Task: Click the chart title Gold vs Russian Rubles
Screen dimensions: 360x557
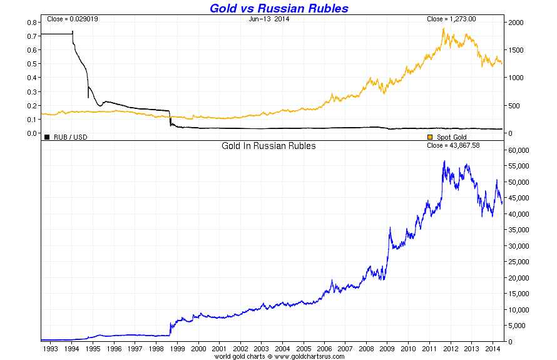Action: (278, 8)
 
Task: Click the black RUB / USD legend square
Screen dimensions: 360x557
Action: (47, 136)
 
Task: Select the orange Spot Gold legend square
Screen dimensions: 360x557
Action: (429, 136)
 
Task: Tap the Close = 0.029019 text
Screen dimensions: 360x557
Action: (72, 19)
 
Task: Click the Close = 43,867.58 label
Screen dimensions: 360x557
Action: (453, 146)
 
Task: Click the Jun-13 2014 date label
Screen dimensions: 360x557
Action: (270, 19)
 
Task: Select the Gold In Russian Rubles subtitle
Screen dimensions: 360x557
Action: (268, 146)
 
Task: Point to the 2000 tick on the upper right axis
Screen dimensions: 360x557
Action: (515, 23)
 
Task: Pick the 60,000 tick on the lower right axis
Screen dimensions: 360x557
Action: (519, 150)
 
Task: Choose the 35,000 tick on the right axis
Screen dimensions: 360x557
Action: (519, 230)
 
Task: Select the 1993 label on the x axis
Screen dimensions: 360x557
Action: (51, 348)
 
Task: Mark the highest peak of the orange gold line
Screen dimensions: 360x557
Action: (443, 28)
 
